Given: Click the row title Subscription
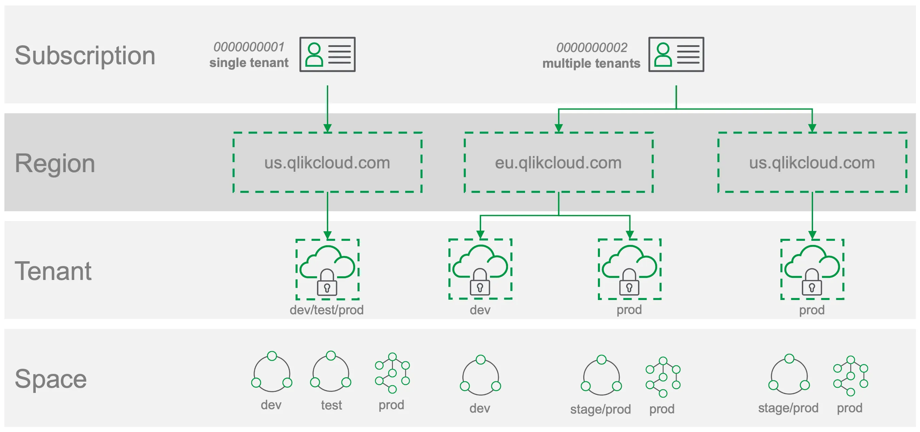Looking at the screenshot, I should (x=85, y=56).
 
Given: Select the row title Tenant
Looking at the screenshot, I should (x=53, y=271).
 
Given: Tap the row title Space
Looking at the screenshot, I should (x=51, y=379).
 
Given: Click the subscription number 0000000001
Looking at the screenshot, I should (x=249, y=47).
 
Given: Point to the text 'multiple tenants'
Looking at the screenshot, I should (x=591, y=63).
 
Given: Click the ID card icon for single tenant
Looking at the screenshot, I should (x=327, y=54).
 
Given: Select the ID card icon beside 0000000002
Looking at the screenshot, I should (x=676, y=54).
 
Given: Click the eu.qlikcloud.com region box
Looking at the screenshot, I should (x=558, y=163).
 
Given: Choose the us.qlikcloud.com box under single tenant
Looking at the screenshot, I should (x=327, y=163).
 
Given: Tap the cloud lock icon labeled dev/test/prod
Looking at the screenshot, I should (x=327, y=269).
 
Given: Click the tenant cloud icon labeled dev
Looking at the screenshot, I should (x=480, y=269).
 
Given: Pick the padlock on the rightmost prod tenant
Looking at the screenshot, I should (x=812, y=283).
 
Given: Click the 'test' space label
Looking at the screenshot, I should (x=331, y=405).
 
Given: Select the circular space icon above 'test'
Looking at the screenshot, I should (x=331, y=372).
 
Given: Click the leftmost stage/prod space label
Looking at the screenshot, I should (x=600, y=409).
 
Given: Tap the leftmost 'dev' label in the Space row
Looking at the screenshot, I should (x=271, y=405).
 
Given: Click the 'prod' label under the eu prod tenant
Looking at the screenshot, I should (x=629, y=310).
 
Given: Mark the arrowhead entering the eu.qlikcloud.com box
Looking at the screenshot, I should (x=558, y=128).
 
